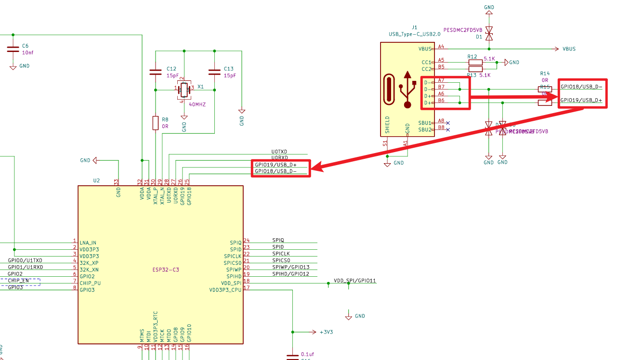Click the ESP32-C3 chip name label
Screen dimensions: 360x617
(165, 270)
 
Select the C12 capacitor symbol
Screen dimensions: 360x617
(155, 72)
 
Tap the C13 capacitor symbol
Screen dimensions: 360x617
(214, 72)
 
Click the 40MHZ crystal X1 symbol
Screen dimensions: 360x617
(184, 88)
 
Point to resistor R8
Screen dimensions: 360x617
(155, 123)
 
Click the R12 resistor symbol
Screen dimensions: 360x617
(475, 62)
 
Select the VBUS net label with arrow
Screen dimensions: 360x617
(568, 49)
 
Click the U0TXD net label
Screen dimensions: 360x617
(279, 152)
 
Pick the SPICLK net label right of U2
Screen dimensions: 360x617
(281, 254)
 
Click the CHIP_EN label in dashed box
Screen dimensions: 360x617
(19, 281)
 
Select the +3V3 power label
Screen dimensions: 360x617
(326, 332)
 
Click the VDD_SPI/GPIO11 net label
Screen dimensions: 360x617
(354, 280)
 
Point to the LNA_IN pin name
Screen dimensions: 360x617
(88, 243)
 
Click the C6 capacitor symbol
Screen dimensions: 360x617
(12, 49)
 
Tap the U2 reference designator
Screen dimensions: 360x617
(96, 180)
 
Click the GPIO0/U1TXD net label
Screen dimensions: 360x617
(25, 260)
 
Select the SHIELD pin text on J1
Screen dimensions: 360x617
(387, 125)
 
